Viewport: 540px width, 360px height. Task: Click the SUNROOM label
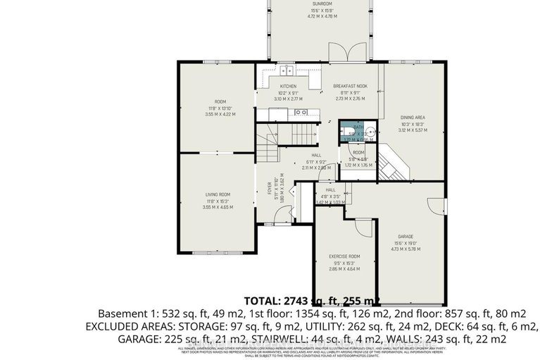(322, 4)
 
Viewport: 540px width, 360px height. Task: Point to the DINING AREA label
(413, 117)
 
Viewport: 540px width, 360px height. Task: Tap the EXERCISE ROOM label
(345, 256)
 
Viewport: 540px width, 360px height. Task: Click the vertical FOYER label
(269, 187)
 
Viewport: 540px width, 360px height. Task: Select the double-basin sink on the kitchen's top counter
(286, 70)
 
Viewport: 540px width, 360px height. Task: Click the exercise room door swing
(363, 227)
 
